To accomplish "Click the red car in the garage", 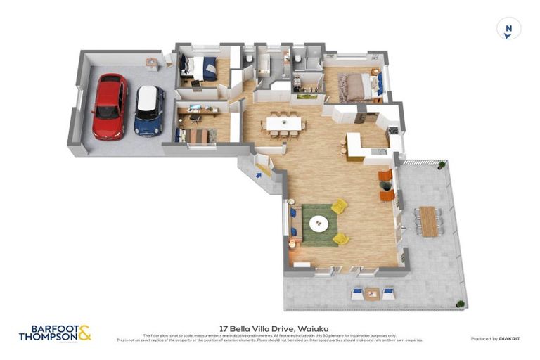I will tap(110, 106).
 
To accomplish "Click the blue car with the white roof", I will tap(148, 110).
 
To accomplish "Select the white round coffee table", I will tap(319, 224).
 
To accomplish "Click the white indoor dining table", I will tap(283, 124).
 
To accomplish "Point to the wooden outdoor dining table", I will tap(427, 221).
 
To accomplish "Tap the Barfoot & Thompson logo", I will tap(54, 333).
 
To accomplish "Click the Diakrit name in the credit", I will tap(509, 339).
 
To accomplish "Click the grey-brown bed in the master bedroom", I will tap(353, 87).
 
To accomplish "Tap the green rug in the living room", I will tap(321, 225).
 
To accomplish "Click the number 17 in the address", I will tap(224, 328).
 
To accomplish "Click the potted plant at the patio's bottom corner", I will tap(461, 304).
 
